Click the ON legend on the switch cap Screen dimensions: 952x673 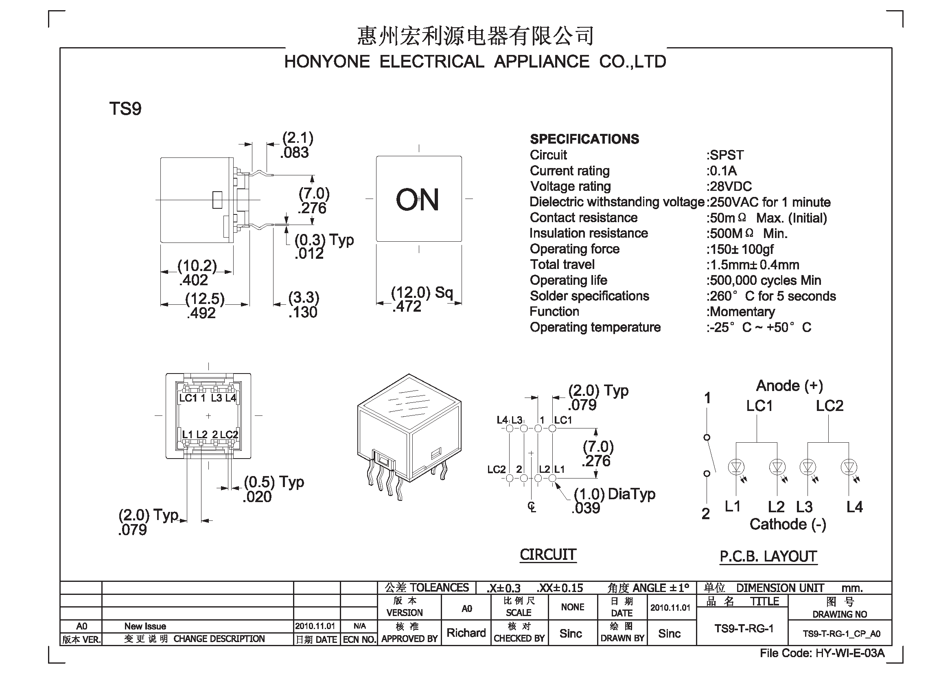tap(417, 200)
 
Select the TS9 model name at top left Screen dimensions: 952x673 tap(125, 109)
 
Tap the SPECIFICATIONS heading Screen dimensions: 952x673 tap(584, 139)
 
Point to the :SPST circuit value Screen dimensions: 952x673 tap(725, 155)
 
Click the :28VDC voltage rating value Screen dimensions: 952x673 tap(729, 186)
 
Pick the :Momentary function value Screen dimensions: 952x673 tap(741, 312)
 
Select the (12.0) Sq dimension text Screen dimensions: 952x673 tap(422, 293)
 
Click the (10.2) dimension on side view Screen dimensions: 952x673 tap(197, 266)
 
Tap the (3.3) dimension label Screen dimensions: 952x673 tap(304, 297)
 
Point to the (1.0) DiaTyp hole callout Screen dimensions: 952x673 tap(614, 494)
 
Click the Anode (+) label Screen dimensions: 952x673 tap(790, 386)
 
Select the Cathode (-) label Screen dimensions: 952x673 tap(788, 524)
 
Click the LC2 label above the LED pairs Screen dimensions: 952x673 tap(829, 406)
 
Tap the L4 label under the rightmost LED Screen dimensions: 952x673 tap(855, 507)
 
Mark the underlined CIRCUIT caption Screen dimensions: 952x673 tap(548, 555)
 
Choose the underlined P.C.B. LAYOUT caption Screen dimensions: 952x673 tap(768, 557)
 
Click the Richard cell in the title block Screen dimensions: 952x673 tap(466, 633)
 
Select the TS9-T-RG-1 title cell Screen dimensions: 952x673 tap(744, 629)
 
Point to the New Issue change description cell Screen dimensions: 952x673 tap(145, 626)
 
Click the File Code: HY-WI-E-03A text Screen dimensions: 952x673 tap(822, 653)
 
